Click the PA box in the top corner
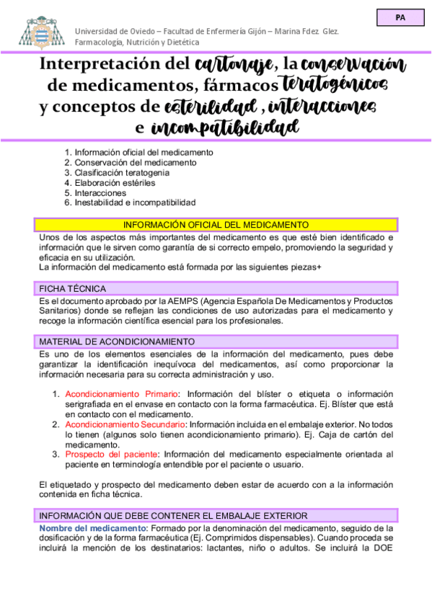400,19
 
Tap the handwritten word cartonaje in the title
234,66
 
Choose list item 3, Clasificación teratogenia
122,173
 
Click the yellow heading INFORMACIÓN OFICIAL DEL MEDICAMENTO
216,225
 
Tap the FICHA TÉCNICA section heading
73,288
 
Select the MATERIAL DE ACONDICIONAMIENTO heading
117,341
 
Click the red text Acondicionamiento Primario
121,394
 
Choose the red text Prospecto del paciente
112,455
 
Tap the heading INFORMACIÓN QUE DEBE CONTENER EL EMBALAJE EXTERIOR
174,516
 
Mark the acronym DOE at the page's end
383,549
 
